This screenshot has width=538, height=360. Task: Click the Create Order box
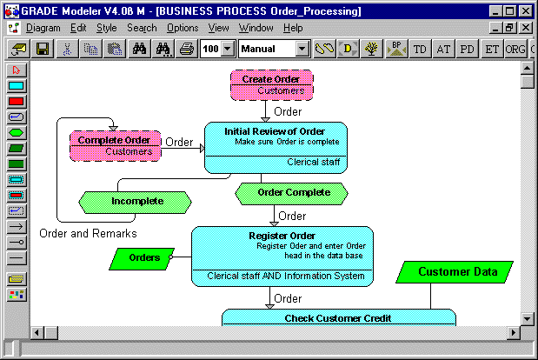[271, 84]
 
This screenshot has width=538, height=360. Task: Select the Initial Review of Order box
[276, 146]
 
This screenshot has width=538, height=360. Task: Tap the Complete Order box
[115, 145]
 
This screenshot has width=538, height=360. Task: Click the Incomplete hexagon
[136, 202]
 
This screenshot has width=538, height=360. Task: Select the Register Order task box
[282, 254]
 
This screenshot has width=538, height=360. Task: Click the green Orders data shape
[143, 257]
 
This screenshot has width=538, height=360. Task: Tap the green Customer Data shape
[454, 272]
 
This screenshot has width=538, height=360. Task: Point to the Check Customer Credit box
[338, 317]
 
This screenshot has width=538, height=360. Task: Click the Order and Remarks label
[88, 233]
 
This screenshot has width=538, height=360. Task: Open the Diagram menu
[43, 28]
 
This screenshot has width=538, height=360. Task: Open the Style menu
[106, 28]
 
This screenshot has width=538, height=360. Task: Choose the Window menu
[256, 28]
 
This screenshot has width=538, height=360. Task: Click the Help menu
[293, 28]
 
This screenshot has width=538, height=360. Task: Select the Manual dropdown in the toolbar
[274, 50]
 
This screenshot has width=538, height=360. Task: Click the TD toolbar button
[420, 50]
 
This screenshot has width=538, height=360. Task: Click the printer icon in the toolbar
[186, 50]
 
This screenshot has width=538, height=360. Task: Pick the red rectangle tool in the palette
[17, 102]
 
